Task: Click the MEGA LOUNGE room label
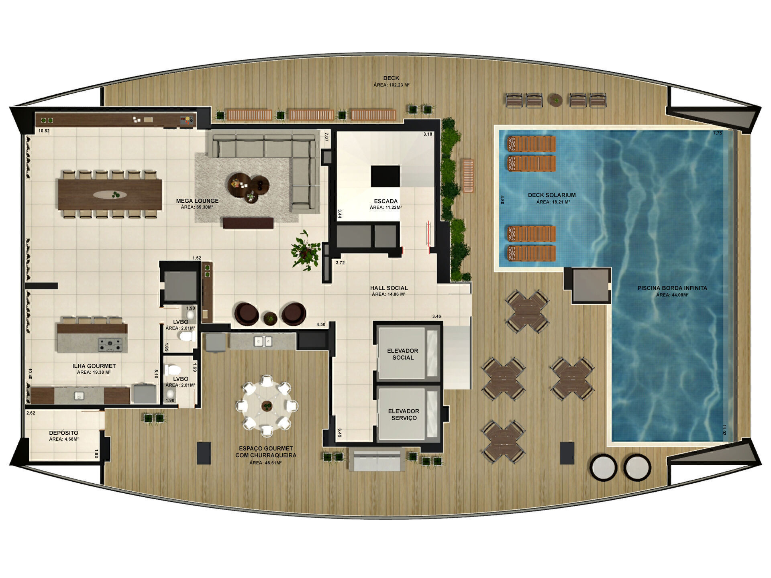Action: point(197,201)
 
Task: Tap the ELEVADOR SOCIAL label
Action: point(402,354)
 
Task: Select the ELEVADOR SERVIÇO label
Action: point(404,414)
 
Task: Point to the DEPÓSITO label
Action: point(63,433)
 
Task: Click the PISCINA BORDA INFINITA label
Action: point(672,288)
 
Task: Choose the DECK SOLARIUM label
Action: point(551,195)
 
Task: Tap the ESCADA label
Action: point(385,201)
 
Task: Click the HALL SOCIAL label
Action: point(389,288)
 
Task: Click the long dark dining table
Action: point(110,194)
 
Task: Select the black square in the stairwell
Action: point(385,176)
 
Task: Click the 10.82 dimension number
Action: point(44,131)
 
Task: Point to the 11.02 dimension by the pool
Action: point(724,430)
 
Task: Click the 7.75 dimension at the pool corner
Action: point(717,133)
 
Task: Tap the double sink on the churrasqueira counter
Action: point(263,341)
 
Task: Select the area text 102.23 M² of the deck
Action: point(391,85)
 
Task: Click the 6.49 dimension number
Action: point(339,433)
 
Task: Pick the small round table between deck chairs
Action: point(556,99)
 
